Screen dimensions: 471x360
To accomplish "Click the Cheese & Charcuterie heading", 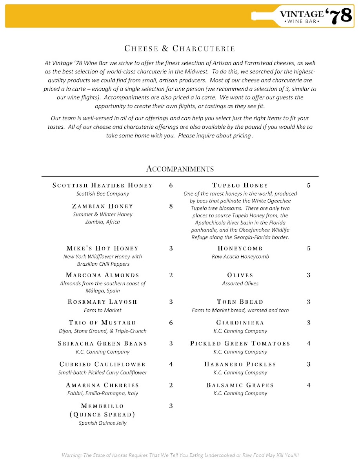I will click(x=180, y=49).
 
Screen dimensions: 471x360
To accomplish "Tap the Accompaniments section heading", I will click(x=180, y=169).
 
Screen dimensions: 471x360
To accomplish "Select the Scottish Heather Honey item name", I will click(x=102, y=185).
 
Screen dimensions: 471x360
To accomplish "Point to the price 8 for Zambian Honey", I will click(x=171, y=206).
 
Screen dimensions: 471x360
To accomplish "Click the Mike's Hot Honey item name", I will click(x=102, y=248).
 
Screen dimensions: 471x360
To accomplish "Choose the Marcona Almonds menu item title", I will click(x=102, y=275).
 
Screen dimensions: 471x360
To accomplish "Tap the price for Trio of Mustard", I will click(x=171, y=323).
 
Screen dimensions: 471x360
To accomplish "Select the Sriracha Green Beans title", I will click(x=102, y=343).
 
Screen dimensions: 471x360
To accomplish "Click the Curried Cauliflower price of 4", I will click(x=171, y=364).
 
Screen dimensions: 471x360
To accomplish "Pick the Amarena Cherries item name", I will click(x=102, y=385).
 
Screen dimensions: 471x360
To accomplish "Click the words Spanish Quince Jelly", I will click(x=102, y=423).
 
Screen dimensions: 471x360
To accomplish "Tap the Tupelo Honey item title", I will click(x=240, y=185).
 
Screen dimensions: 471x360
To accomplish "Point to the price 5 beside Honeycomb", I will click(x=309, y=248).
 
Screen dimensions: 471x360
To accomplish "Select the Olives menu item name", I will click(x=240, y=275).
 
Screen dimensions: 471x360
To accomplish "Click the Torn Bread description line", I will click(x=240, y=310).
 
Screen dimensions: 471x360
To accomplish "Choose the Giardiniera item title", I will click(x=240, y=323).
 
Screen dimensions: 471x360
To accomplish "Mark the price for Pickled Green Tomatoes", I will click(x=309, y=343).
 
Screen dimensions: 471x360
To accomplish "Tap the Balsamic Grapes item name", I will click(x=240, y=385).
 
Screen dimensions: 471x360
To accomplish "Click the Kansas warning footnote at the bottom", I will click(x=180, y=455).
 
